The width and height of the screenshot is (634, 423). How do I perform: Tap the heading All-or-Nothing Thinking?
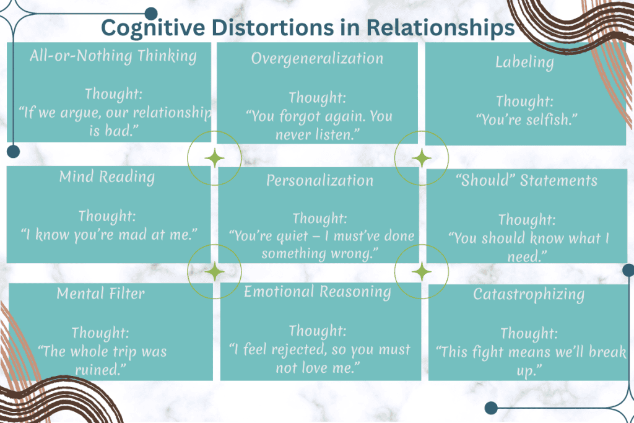(113, 56)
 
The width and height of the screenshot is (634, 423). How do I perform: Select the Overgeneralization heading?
(317, 58)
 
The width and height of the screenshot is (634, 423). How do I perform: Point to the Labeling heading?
(524, 61)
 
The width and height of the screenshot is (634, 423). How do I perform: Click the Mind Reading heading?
(106, 177)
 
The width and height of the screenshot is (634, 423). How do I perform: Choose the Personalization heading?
(319, 180)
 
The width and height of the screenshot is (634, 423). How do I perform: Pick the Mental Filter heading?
(100, 293)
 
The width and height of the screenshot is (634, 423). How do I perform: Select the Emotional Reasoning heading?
(317, 291)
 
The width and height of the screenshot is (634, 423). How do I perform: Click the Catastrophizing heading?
(528, 294)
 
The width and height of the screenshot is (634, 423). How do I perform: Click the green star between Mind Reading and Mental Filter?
(215, 271)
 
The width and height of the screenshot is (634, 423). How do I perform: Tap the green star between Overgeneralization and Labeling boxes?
(422, 158)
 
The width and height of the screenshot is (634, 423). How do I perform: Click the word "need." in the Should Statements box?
(525, 255)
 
